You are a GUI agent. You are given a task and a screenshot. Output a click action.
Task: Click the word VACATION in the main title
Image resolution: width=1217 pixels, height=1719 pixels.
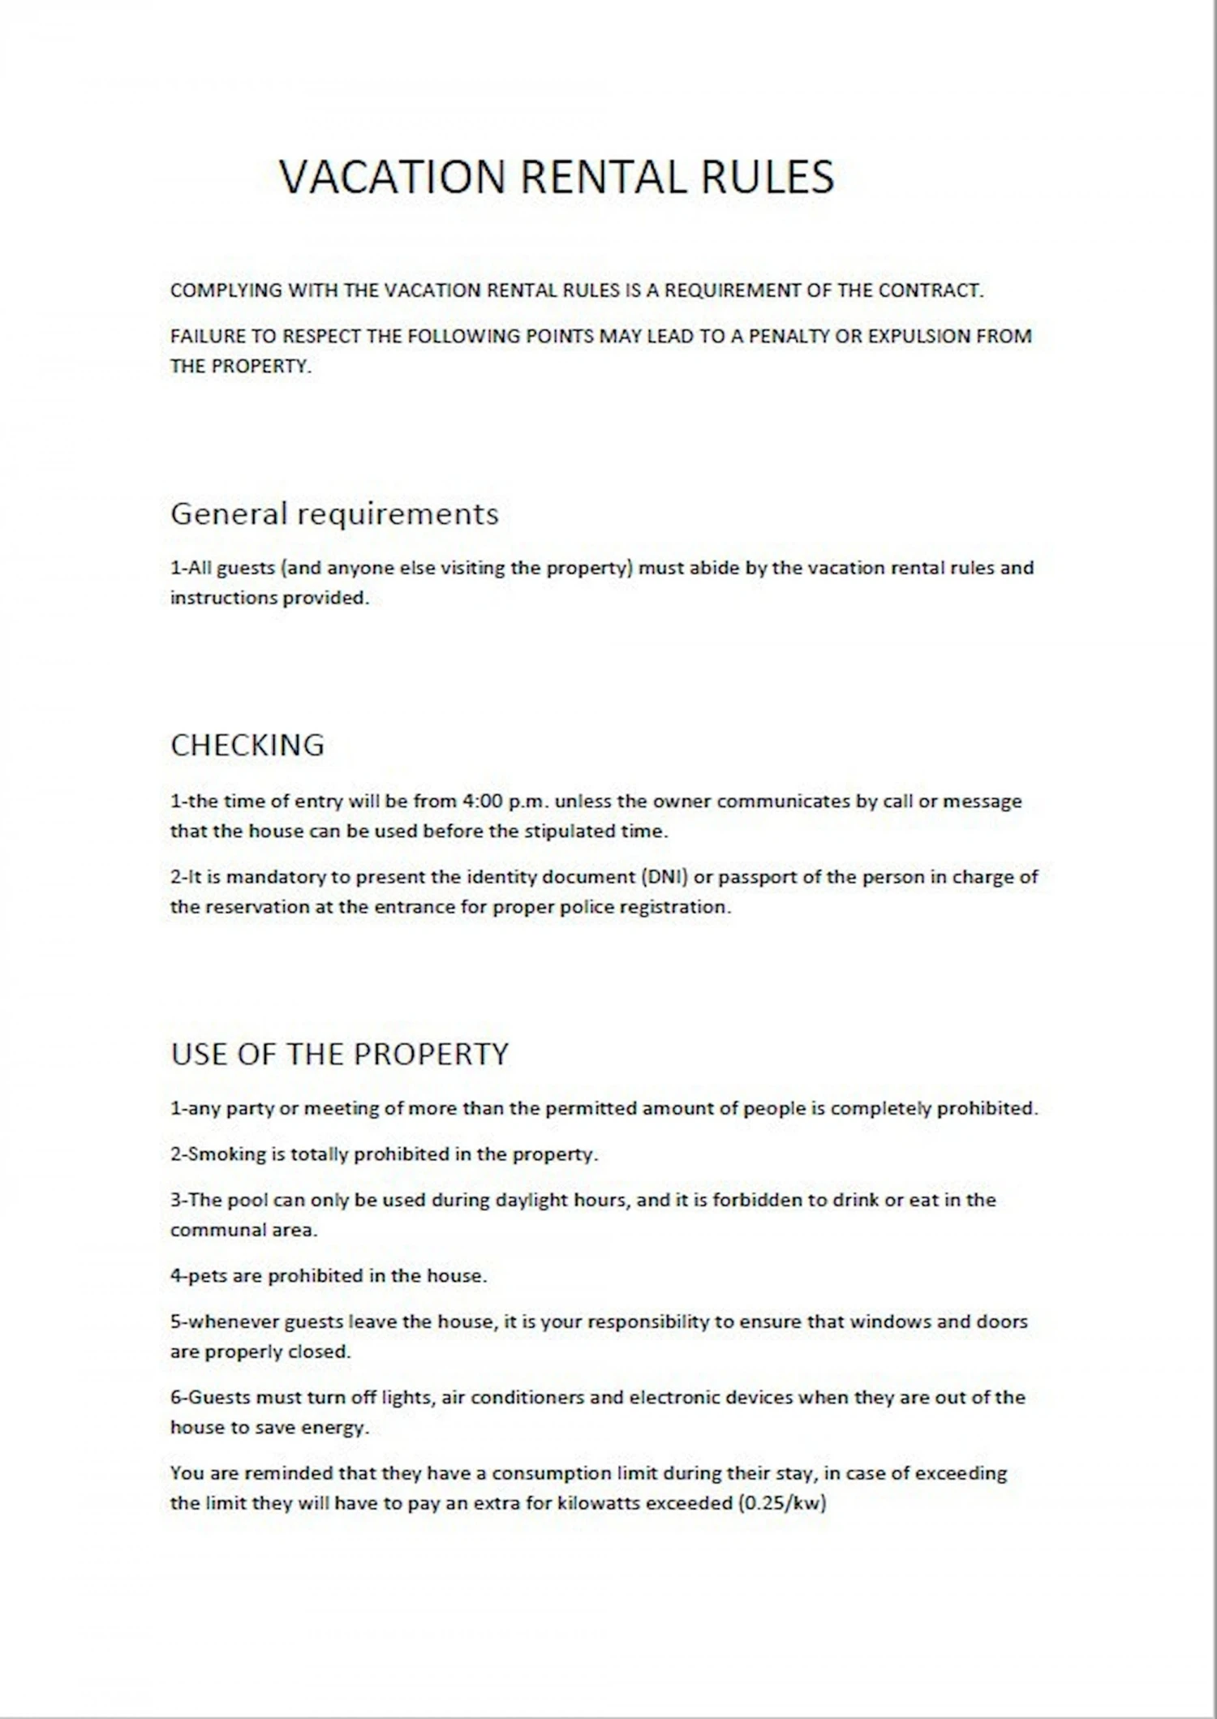coord(392,177)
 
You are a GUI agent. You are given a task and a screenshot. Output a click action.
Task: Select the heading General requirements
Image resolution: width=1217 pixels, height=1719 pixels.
coord(334,514)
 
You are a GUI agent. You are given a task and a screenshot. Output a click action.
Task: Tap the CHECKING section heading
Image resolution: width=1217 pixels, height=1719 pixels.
coord(247,745)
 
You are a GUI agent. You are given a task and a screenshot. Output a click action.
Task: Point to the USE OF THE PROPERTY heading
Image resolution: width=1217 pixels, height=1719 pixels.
coord(339,1053)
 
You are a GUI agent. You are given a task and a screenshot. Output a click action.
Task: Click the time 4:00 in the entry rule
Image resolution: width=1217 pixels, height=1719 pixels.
coord(482,801)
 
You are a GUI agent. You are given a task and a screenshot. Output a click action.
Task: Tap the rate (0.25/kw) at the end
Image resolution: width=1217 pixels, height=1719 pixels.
coord(782,1503)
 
